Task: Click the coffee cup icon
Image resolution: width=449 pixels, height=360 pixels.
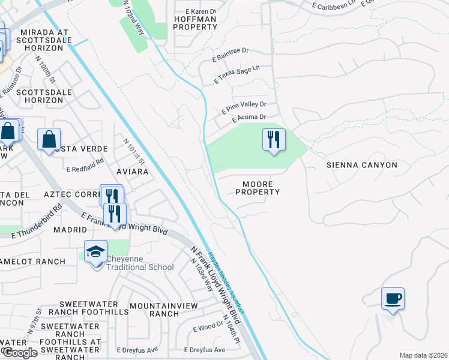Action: click(393, 299)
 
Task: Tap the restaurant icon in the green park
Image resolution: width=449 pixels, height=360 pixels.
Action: click(274, 140)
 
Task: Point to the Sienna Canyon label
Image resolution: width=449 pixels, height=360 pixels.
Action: click(361, 164)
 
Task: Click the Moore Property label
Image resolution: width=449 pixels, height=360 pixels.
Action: click(258, 188)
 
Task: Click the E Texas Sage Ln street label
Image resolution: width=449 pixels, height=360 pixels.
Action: click(238, 74)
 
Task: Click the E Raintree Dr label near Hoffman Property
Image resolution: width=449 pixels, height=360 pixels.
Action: click(231, 54)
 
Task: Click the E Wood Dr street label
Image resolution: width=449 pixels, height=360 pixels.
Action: click(208, 328)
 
